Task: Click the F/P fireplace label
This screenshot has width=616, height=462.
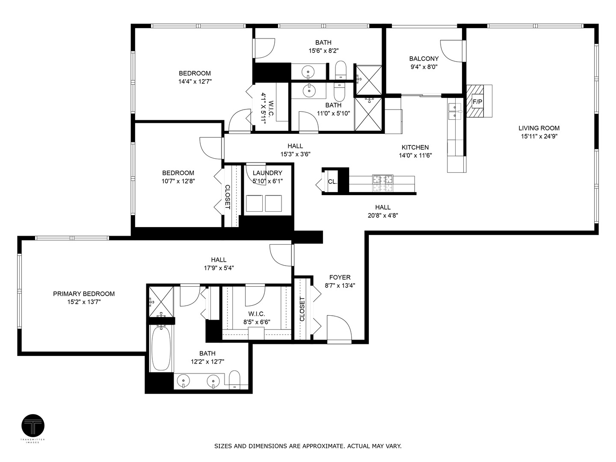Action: coord(477,102)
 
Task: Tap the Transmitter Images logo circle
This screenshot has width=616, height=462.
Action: coord(33,426)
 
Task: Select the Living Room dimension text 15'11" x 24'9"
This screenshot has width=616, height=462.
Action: coord(539,136)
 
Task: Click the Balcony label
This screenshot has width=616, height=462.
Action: coord(423,59)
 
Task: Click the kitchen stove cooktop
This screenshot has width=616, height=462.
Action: coord(382,184)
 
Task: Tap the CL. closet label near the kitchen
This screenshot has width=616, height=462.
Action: coord(332,181)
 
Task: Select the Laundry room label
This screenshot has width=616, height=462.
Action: coord(267,173)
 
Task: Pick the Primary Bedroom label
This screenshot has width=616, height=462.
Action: coord(84,294)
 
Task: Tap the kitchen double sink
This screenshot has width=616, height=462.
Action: coord(454,111)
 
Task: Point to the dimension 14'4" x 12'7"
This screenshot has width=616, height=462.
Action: coord(195,81)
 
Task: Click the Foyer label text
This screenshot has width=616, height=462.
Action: coord(340,277)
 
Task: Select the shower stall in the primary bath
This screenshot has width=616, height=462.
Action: coord(161,302)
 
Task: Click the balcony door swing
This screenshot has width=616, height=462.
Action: coord(452,51)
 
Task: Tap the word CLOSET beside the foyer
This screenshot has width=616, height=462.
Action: coord(302,309)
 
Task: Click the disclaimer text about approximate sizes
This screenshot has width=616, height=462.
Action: coord(308,446)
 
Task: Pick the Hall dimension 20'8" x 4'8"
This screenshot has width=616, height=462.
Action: coord(383,216)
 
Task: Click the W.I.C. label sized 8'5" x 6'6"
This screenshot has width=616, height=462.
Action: coord(257,314)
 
